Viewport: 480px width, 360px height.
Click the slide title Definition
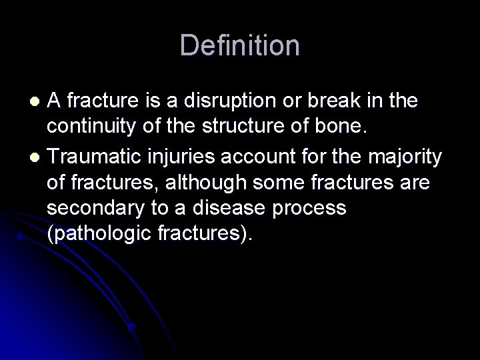(x=240, y=45)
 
